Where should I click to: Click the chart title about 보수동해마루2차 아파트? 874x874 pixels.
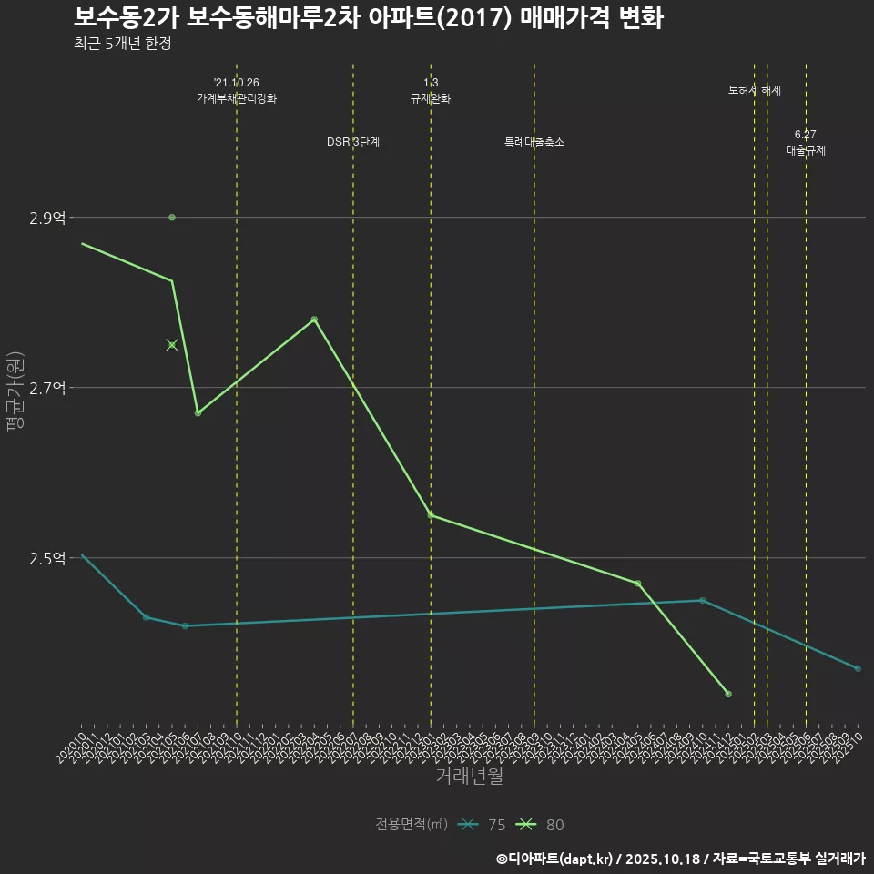click(368, 18)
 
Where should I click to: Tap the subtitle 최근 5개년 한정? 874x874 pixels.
click(122, 43)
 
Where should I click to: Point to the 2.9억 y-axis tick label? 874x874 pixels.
click(47, 218)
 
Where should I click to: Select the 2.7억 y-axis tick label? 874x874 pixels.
click(47, 388)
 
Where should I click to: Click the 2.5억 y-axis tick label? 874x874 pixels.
click(47, 558)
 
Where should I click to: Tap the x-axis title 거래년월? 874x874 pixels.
click(469, 777)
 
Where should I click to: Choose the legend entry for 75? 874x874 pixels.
click(483, 825)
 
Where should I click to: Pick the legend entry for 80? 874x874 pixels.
click(541, 825)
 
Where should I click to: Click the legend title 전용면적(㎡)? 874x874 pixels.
click(411, 825)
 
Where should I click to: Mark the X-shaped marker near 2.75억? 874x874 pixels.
click(172, 345)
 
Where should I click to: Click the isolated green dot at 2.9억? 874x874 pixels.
click(172, 218)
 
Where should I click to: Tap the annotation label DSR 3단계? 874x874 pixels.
click(353, 142)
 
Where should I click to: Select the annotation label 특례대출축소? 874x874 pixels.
click(534, 142)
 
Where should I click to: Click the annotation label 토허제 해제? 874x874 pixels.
click(755, 90)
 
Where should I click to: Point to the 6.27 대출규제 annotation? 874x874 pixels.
click(806, 143)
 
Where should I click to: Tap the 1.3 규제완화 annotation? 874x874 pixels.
click(431, 90)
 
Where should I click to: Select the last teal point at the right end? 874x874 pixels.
click(858, 669)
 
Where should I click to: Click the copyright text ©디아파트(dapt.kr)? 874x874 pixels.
click(554, 859)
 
